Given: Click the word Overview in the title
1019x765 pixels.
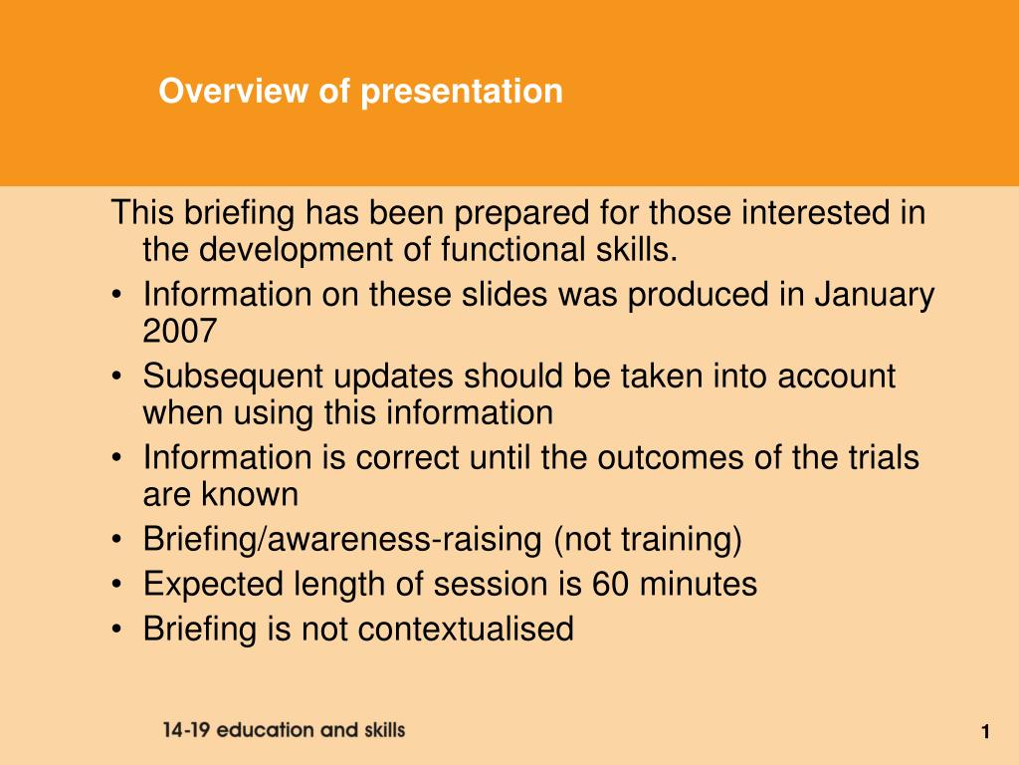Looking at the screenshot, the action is pos(233,91).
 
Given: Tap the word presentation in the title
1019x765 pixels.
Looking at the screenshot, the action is pos(462,92).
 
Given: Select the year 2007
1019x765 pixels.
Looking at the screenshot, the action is pos(179,331).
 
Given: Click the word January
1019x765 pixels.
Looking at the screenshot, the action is pos(874,296).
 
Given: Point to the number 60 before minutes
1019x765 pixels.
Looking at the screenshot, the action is pos(610,584).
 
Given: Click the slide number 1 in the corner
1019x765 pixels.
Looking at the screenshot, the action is pos(985,732).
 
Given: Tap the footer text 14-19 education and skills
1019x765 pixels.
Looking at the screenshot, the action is pos(284,730).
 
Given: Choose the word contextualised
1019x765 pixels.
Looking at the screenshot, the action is pos(466,630).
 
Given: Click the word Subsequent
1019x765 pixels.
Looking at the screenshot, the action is pos(233,378).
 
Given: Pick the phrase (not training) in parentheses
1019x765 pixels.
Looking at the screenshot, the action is pos(647,540).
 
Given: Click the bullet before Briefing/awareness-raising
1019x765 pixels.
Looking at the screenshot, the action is pos(116,540).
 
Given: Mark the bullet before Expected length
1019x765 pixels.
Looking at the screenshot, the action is pos(116,585).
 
